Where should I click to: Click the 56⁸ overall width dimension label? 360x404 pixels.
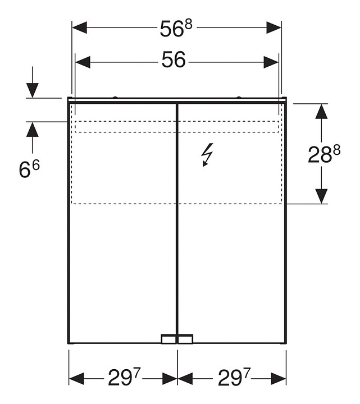click(x=176, y=29)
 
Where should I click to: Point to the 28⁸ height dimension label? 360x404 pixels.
click(x=324, y=153)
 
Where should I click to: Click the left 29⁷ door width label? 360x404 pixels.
click(x=123, y=379)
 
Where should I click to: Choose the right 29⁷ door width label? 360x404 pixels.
click(x=233, y=379)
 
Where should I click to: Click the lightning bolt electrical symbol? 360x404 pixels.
click(x=207, y=155)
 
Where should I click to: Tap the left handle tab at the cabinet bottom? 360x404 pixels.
click(x=168, y=339)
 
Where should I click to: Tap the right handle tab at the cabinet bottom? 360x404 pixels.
click(x=185, y=339)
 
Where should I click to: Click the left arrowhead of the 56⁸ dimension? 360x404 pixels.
click(x=79, y=27)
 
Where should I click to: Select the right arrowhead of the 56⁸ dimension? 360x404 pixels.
click(x=274, y=27)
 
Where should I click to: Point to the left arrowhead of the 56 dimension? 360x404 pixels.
click(x=83, y=61)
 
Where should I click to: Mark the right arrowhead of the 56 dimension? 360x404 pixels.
click(x=271, y=61)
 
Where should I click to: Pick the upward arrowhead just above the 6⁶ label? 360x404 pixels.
click(x=33, y=130)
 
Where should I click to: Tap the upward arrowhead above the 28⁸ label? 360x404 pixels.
click(x=321, y=111)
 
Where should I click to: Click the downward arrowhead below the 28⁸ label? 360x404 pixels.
click(x=321, y=196)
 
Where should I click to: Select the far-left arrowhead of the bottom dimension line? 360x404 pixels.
click(x=76, y=379)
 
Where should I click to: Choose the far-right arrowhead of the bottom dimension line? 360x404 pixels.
click(x=279, y=379)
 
